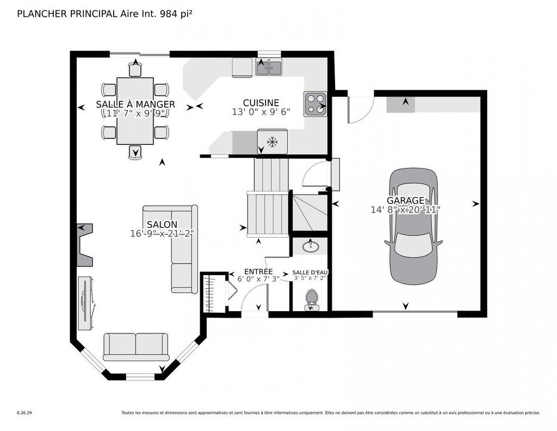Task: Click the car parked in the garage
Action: click(413, 226)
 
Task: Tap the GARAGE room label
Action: click(405, 201)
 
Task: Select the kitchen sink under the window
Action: click(269, 68)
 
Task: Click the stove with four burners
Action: click(315, 104)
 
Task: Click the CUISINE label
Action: click(261, 102)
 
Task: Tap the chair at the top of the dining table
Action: click(135, 69)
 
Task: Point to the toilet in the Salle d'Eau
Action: click(312, 298)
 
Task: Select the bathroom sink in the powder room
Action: click(311, 246)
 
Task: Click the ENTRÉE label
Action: click(258, 271)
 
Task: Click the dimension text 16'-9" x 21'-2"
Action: click(162, 233)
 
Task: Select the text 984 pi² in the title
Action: click(175, 14)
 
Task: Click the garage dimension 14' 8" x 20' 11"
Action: click(405, 209)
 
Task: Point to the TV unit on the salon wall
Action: click(85, 303)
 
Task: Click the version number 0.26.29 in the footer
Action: click(24, 413)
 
